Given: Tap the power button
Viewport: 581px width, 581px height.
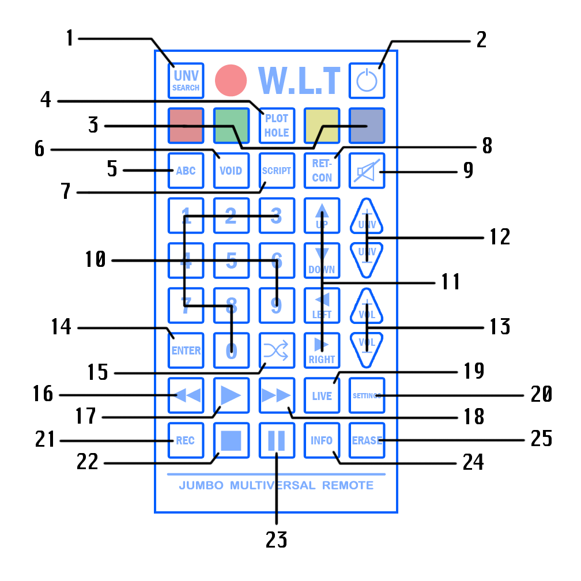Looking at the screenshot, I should point(367,81).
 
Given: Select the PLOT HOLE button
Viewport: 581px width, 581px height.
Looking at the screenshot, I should point(277,126).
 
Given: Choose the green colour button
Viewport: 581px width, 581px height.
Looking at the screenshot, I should point(231,126).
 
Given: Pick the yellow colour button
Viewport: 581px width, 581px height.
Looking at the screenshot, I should point(322,126).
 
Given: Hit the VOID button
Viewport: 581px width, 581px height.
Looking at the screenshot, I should point(231,171).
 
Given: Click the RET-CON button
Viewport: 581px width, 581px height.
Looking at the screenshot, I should point(322,171).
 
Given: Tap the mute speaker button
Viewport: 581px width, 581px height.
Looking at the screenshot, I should point(367,171).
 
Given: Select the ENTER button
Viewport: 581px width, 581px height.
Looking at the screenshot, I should point(186,350).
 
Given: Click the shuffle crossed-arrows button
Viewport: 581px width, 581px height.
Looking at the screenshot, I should point(277,350).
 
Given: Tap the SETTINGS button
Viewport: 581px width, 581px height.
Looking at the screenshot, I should point(367,395).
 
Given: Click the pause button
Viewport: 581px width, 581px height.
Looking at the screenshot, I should point(277,440).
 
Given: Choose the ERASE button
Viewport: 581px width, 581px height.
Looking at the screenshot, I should point(367,440).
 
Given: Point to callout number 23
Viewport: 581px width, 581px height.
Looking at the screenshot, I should point(276,539).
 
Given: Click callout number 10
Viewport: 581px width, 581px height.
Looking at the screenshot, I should point(95,261).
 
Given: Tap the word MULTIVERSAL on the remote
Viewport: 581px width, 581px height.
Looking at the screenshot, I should point(273,485).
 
